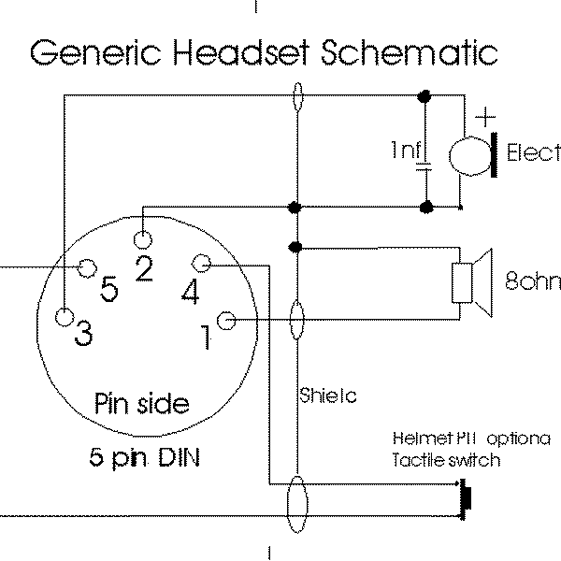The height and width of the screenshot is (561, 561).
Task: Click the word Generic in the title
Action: (90, 53)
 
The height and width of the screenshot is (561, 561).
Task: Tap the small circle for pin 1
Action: (226, 322)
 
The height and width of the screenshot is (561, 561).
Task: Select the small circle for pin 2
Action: (143, 237)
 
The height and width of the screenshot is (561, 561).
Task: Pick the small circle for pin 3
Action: (65, 316)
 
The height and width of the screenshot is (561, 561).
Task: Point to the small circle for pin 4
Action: (205, 264)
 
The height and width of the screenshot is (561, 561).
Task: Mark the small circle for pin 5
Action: (89, 268)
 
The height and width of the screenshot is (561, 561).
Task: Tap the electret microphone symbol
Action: (473, 153)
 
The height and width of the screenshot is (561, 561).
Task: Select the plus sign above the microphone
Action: (484, 118)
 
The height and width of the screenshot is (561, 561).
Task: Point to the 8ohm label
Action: (532, 280)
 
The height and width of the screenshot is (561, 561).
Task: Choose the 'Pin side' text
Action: (142, 403)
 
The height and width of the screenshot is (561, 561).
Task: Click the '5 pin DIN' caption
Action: (144, 458)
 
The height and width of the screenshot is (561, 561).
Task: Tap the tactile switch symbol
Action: (467, 495)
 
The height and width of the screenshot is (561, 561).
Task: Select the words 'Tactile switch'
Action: (446, 460)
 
